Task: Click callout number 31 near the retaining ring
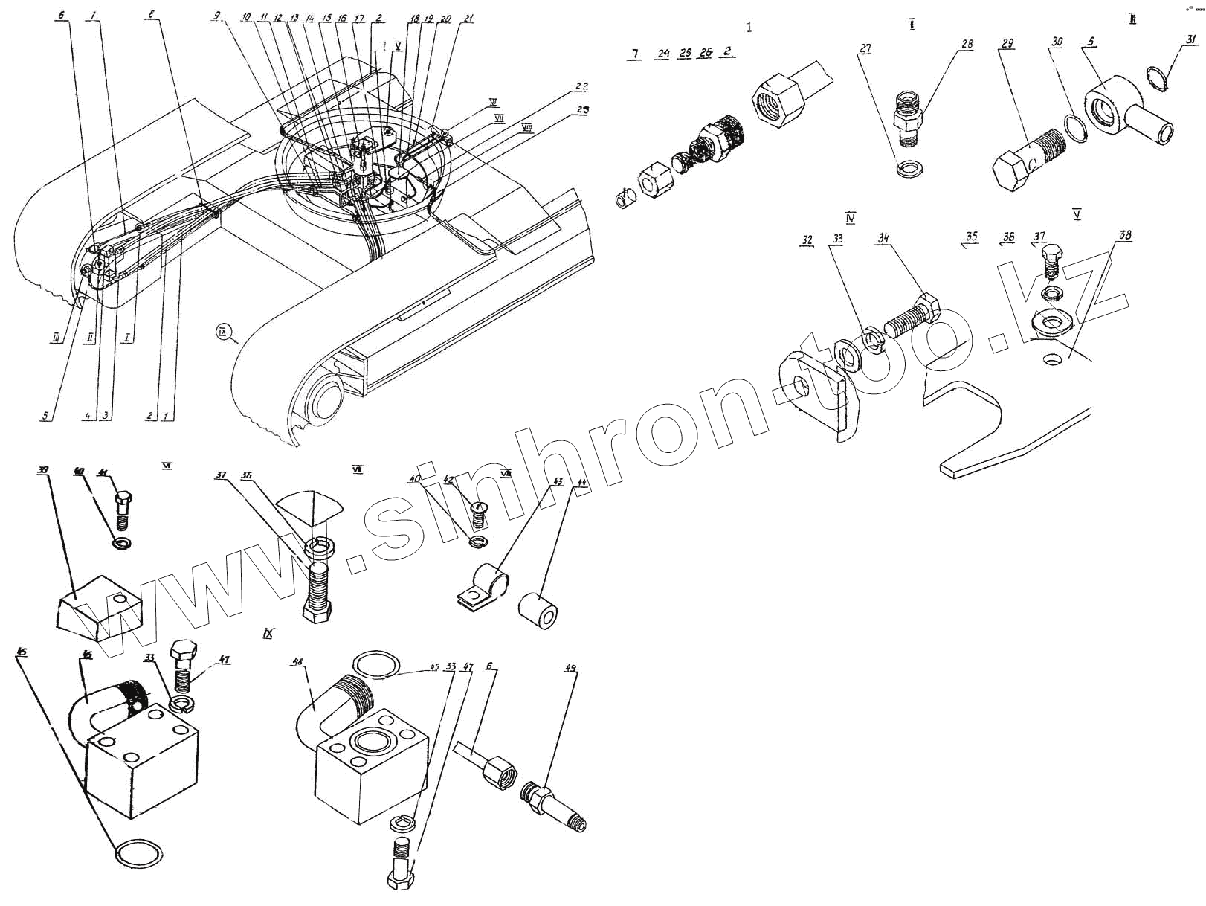[x=1191, y=39]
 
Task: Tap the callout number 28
[x=967, y=45]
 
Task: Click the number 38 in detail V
[x=1125, y=236]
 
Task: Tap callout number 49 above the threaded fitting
[x=570, y=669]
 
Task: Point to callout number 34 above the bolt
[x=883, y=239]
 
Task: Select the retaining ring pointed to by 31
[x=1157, y=77]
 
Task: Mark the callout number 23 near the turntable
[x=584, y=110]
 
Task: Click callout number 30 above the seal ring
[x=1057, y=42]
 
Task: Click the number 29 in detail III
[x=1007, y=44]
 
